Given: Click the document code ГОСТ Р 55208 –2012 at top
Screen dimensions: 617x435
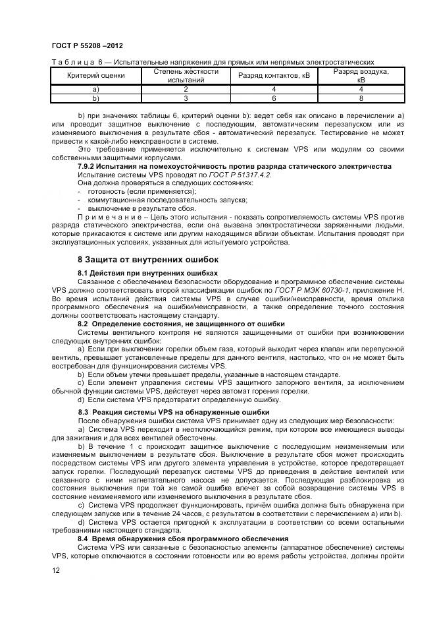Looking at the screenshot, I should tap(86, 45).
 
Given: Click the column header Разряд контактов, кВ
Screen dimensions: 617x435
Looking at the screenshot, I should tap(273, 76).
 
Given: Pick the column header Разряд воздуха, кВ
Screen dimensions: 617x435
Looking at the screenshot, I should tap(361, 76).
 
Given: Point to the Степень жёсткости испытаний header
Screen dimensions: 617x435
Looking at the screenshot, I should tap(186, 76).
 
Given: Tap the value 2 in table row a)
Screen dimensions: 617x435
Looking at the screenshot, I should tap(186, 89).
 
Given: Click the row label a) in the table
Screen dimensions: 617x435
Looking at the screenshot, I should tap(96, 89).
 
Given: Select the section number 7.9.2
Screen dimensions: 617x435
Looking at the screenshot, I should tap(90, 166).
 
